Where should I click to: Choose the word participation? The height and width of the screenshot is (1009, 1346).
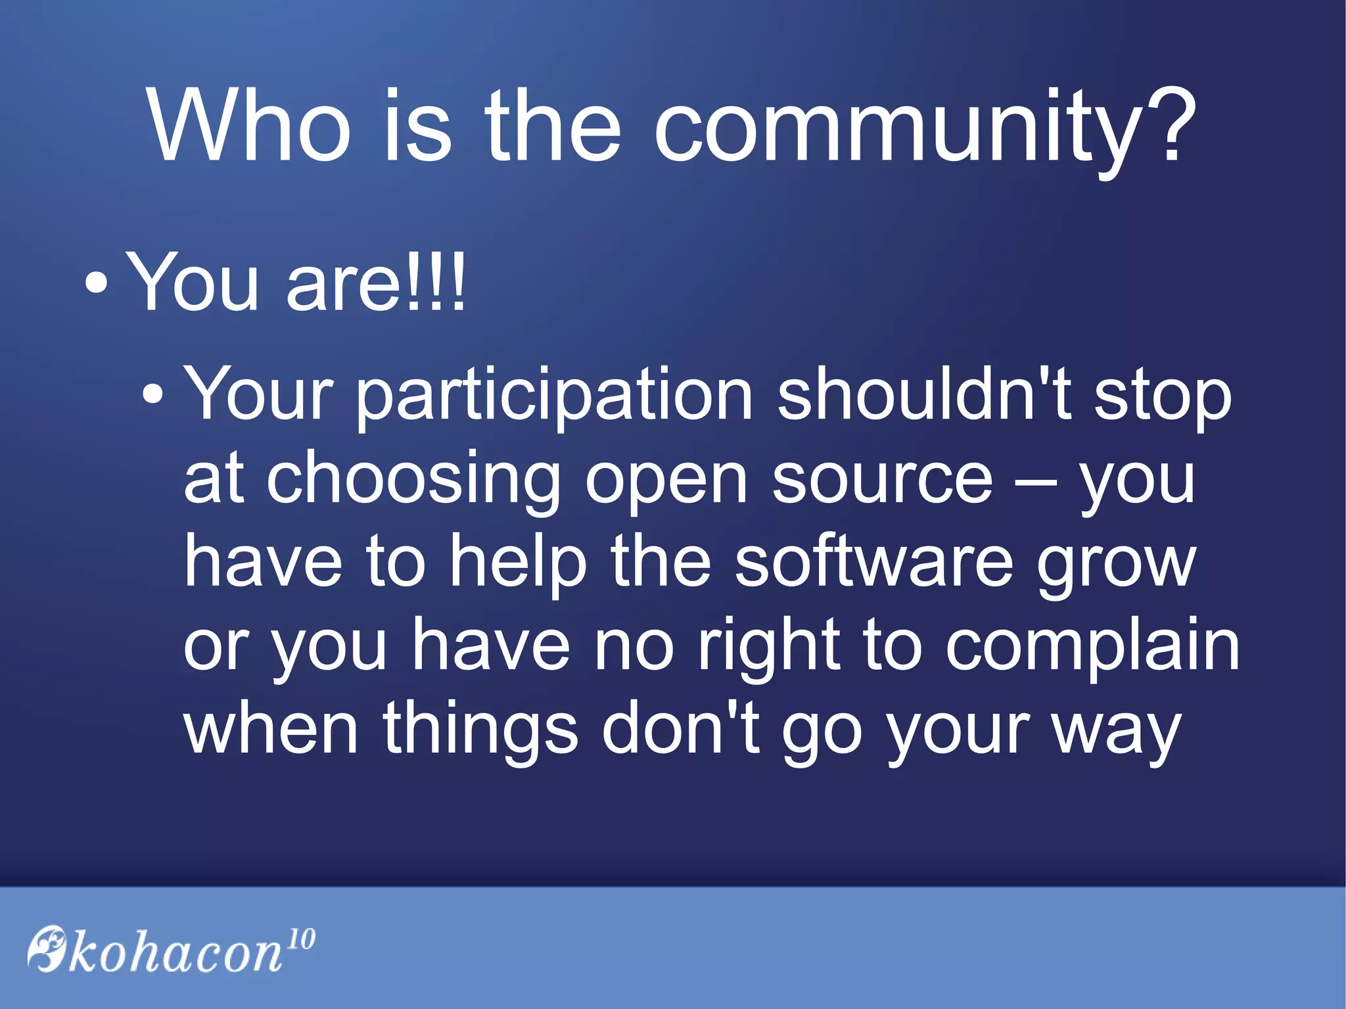point(554,397)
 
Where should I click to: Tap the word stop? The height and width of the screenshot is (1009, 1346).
point(1161,397)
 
